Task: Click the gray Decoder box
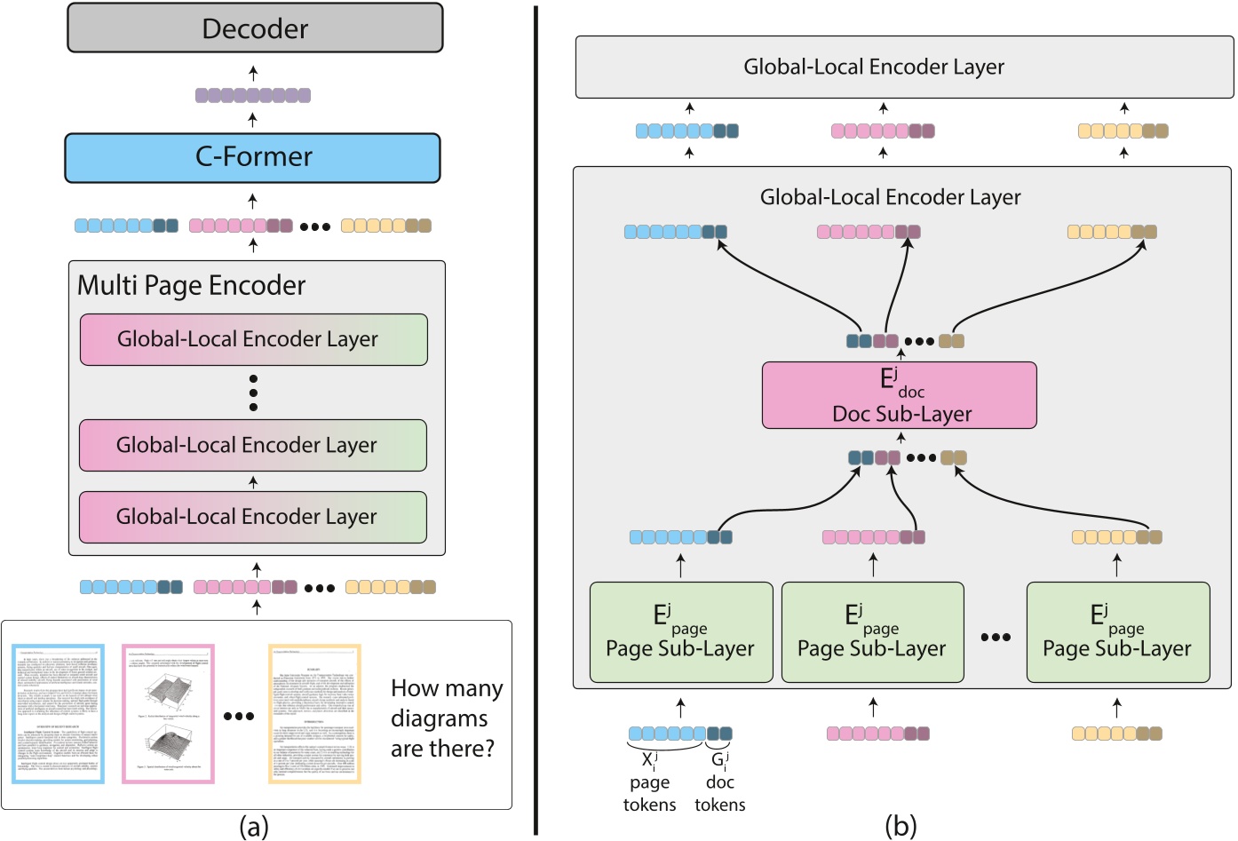click(x=255, y=28)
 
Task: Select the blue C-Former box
click(x=253, y=157)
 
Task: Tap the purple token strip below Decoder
click(x=253, y=95)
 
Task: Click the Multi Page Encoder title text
click(x=191, y=285)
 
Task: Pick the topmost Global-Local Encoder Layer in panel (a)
click(x=253, y=339)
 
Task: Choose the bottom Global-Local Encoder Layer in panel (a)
click(x=253, y=517)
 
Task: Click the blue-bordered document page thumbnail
click(x=59, y=714)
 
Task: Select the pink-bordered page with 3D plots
click(x=168, y=714)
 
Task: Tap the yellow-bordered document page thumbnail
click(x=314, y=714)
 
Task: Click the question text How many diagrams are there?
click(x=447, y=718)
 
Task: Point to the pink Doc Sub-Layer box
click(x=899, y=395)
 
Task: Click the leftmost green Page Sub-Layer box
click(x=680, y=632)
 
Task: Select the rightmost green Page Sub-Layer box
click(x=1117, y=632)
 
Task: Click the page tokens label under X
click(x=649, y=793)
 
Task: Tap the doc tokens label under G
click(x=719, y=793)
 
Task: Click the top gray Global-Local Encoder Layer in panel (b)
click(x=904, y=67)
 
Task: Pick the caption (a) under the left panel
click(x=254, y=827)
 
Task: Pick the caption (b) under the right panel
click(x=901, y=827)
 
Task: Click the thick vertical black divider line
click(x=536, y=417)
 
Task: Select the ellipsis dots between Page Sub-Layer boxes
click(x=996, y=637)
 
